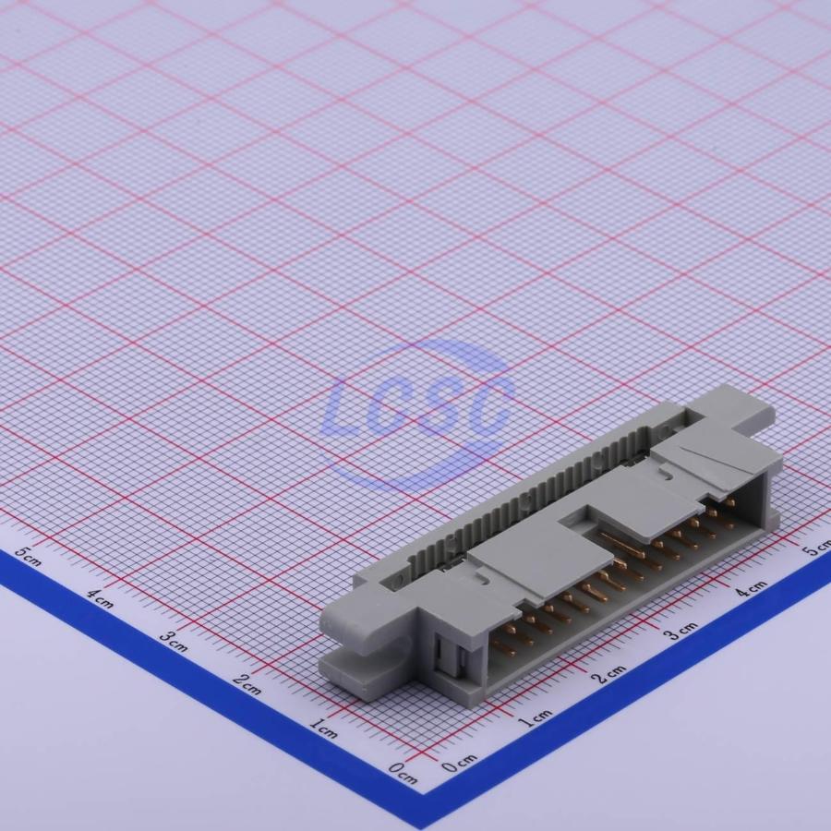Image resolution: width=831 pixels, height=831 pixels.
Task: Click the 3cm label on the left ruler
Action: tap(174, 642)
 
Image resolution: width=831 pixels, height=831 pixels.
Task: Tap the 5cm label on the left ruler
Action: tap(28, 556)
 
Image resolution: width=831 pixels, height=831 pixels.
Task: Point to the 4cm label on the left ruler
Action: tap(100, 598)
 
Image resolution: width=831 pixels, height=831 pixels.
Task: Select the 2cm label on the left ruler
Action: tap(247, 685)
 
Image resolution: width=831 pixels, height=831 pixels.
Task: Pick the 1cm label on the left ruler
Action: tap(323, 729)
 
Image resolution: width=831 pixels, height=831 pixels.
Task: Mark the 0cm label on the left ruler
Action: tap(403, 774)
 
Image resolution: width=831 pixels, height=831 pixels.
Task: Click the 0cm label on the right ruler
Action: tap(460, 763)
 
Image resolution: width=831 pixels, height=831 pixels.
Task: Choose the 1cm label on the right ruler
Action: tap(535, 718)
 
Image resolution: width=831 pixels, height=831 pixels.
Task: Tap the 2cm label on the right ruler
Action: tap(609, 674)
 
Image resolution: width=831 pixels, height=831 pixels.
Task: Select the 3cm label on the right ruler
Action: tap(681, 630)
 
